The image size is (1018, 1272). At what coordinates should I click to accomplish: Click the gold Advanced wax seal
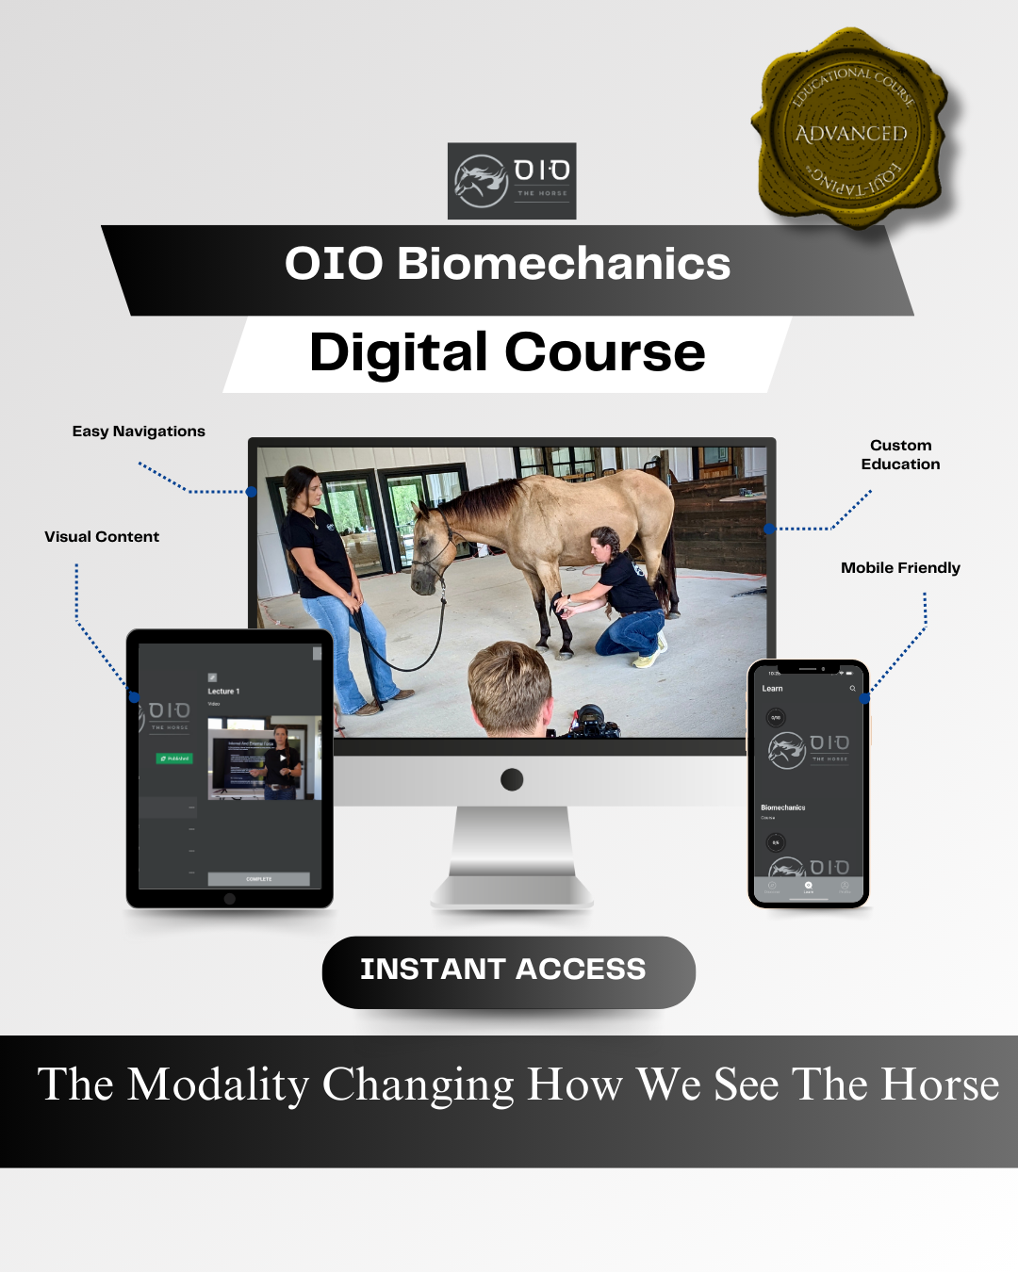(852, 130)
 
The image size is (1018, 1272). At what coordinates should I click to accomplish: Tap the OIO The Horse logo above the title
(512, 181)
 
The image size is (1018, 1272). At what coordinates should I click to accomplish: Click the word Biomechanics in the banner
(564, 264)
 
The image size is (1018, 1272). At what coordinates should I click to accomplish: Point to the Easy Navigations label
(139, 432)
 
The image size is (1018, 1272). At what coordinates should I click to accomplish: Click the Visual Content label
(102, 537)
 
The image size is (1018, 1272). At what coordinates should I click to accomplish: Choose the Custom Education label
(900, 454)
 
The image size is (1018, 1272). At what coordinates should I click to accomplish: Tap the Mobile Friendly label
(900, 568)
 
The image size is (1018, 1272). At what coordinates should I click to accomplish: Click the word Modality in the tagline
(218, 1085)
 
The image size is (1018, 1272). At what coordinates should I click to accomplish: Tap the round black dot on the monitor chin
(512, 779)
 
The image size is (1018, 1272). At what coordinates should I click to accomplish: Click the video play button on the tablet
(283, 758)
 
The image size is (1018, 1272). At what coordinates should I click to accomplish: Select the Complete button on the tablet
(258, 879)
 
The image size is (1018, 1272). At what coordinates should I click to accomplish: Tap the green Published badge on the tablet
(174, 758)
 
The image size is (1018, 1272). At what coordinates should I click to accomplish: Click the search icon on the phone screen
(852, 689)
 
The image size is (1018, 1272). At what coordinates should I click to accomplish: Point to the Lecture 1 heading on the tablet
(223, 692)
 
